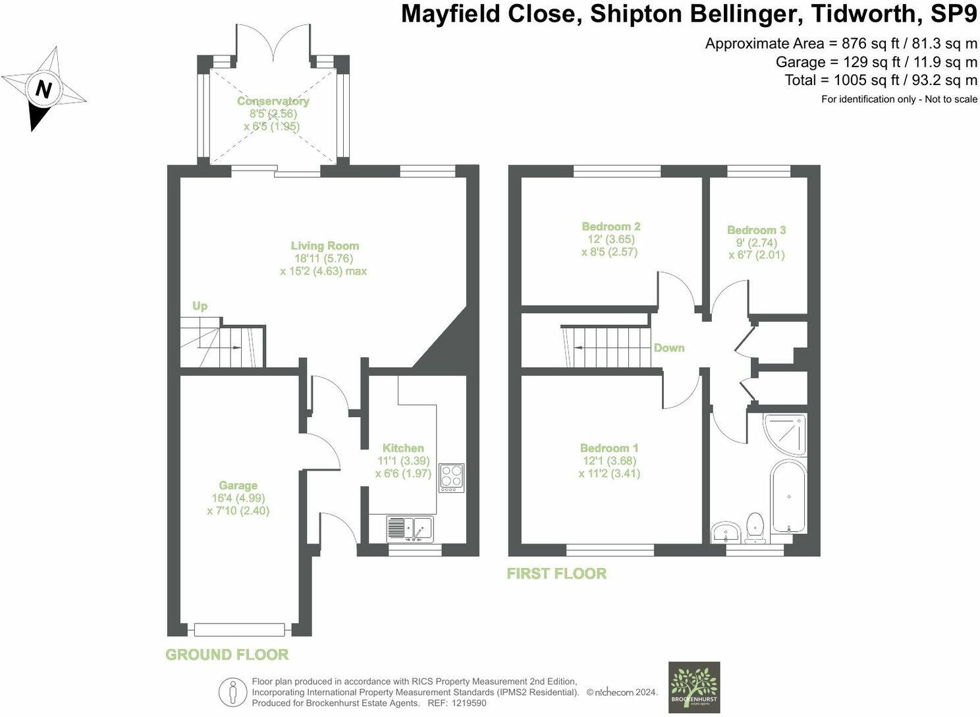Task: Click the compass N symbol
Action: pos(44,88)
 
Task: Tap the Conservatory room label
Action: pos(273,101)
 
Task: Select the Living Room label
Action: pos(325,246)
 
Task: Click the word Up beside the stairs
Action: pos(200,306)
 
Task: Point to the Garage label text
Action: pos(238,486)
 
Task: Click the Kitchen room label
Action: pos(403,448)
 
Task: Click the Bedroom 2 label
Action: pos(611,227)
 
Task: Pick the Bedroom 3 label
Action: pos(756,230)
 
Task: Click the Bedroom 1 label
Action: pos(609,448)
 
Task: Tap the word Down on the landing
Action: pos(668,348)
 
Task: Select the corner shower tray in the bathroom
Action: pos(785,433)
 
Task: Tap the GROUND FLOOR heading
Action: pos(227,654)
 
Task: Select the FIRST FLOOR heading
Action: pos(557,573)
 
